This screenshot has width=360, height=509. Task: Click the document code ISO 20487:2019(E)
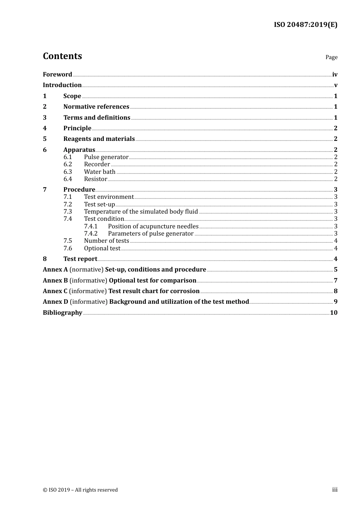tap(305, 25)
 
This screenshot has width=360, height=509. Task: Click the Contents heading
tap(62, 56)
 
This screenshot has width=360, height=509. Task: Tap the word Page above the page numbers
tap(331, 57)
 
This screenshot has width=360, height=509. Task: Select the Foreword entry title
tap(57, 74)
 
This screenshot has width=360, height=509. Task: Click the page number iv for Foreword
tap(335, 75)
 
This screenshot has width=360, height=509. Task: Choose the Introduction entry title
tap(62, 85)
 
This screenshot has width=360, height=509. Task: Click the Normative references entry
tap(96, 107)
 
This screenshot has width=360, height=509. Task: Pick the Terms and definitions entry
tap(97, 118)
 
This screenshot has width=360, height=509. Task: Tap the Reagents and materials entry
tap(99, 139)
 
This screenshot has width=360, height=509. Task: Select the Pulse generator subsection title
tap(106, 157)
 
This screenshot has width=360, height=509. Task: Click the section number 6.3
tap(68, 172)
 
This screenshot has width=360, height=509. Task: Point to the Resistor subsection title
tap(95, 179)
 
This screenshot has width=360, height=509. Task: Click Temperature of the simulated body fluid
tap(141, 212)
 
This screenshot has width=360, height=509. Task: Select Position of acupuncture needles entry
tap(153, 226)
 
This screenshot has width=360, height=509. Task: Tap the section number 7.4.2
tap(91, 234)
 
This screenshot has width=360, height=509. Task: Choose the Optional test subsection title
tap(102, 248)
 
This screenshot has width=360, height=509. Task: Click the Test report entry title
tap(80, 259)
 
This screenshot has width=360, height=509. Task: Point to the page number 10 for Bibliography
tap(333, 313)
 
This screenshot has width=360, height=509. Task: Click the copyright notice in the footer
tap(80, 490)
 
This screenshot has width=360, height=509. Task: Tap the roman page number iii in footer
tap(335, 490)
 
